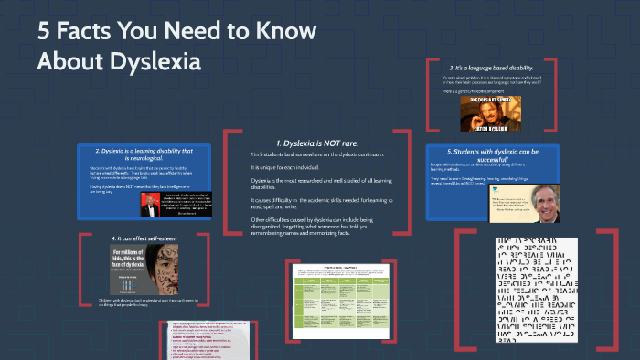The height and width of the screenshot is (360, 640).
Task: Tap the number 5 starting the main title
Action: point(44,31)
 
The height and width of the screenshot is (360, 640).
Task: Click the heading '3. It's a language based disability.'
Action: point(490,68)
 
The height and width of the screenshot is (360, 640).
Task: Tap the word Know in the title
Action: point(287,31)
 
